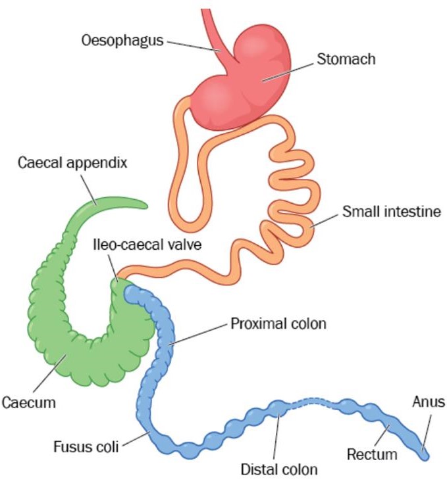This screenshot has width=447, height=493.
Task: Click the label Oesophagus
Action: point(123,40)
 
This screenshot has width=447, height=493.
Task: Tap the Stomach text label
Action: point(346,60)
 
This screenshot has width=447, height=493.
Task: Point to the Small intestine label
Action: point(391,212)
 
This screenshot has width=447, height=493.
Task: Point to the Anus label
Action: point(429,402)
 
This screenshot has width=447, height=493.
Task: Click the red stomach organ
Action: point(244,85)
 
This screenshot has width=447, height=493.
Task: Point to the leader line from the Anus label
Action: point(427,431)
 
